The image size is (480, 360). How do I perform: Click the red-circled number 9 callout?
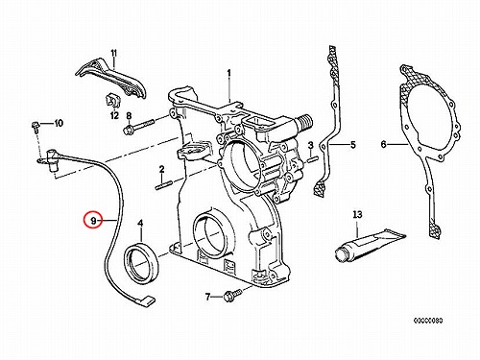[93, 221]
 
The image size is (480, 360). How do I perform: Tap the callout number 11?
[114, 53]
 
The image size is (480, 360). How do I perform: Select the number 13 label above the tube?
[357, 214]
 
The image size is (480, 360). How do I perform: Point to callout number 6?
[384, 145]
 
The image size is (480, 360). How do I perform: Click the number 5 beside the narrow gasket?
[352, 145]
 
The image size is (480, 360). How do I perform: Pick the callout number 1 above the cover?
[229, 73]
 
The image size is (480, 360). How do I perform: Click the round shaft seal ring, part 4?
[140, 261]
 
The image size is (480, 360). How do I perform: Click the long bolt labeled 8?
[139, 126]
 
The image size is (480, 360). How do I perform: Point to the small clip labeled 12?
[110, 101]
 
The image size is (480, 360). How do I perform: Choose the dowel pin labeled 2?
[164, 185]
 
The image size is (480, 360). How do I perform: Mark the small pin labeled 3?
[313, 158]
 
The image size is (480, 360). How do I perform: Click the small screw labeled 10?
[36, 126]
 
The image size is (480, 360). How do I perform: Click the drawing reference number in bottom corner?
[428, 321]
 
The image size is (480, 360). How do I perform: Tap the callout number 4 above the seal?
[140, 223]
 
